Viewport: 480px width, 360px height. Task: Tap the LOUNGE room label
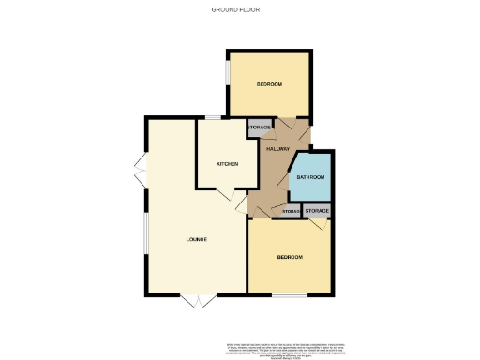195,240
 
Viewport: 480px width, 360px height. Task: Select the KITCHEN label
227,164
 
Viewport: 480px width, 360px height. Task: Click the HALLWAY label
277,149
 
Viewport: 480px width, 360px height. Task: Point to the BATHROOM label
310,176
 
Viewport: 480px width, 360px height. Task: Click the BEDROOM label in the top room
270,85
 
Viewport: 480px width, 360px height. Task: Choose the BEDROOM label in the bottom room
290,257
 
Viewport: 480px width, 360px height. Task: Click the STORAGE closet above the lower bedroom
317,211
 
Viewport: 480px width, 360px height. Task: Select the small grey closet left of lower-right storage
291,212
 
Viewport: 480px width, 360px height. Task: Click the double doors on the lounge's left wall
140,173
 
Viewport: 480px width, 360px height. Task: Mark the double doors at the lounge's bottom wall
198,302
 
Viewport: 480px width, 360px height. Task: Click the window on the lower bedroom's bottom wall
290,296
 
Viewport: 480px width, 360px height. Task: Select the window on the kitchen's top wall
214,117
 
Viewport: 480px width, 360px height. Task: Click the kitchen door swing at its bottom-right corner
225,193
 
